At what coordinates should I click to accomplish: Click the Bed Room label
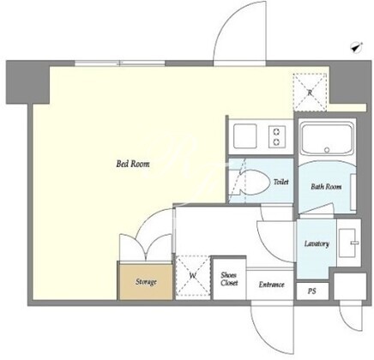tap(133, 164)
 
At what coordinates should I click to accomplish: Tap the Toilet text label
tap(281, 182)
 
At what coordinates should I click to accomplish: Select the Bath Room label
tap(326, 187)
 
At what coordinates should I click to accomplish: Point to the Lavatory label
tap(317, 243)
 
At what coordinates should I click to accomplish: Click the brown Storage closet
tap(146, 282)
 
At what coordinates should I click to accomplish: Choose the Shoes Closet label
tap(229, 279)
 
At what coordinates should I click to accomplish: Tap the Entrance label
tap(271, 285)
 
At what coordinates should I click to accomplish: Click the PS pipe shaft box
tap(312, 291)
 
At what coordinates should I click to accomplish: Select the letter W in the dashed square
tap(193, 276)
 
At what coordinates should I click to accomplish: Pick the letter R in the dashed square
tap(310, 93)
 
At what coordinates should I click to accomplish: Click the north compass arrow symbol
tap(357, 47)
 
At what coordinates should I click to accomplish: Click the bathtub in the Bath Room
tap(327, 136)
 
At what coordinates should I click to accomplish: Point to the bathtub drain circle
tap(327, 150)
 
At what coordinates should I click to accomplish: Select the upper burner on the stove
tap(276, 132)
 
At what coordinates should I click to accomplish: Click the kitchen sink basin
tap(244, 136)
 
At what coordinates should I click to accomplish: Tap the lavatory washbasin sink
tap(347, 243)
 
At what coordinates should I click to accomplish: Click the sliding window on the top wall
tap(120, 63)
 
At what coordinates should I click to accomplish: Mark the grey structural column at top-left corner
tap(28, 81)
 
